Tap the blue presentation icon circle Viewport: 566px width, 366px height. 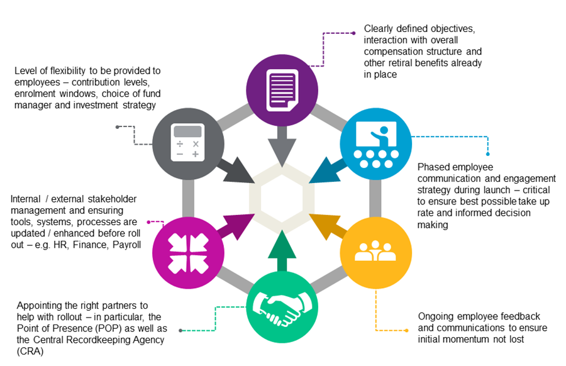[375, 144]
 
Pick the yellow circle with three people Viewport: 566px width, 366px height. [375, 251]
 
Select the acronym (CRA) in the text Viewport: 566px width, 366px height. [30, 352]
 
